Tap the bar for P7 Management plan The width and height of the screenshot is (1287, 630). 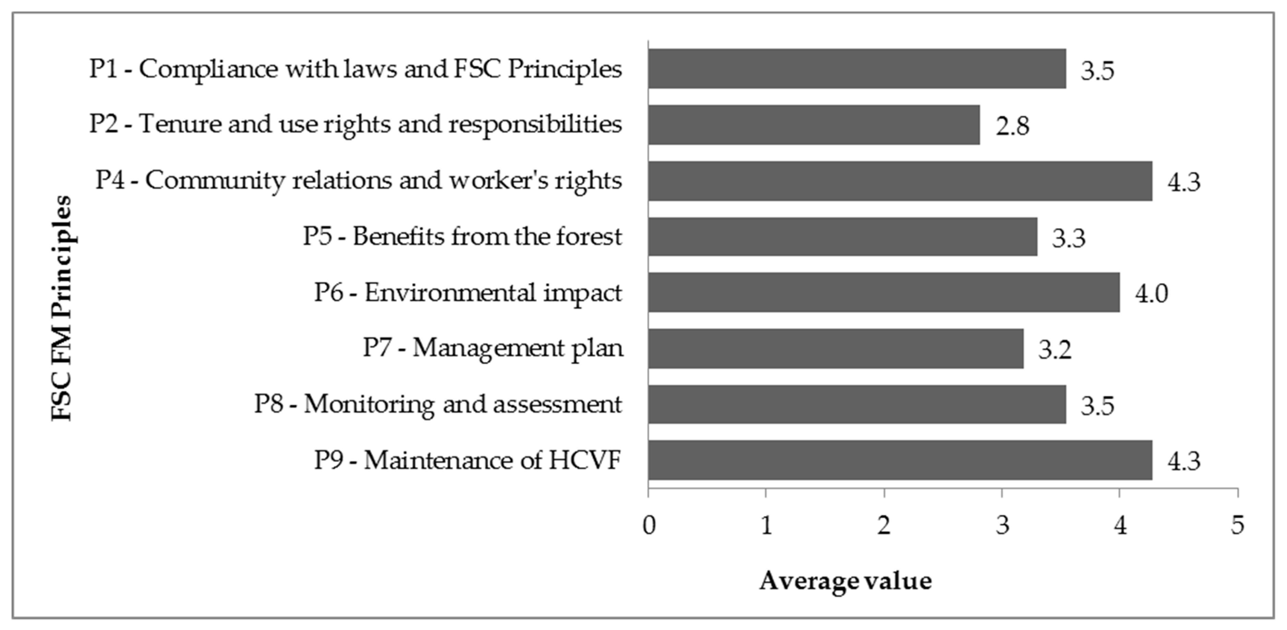click(835, 349)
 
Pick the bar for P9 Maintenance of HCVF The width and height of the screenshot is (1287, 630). click(899, 460)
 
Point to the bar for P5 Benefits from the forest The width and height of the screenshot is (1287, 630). click(842, 236)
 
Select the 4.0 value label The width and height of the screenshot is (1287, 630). click(1151, 293)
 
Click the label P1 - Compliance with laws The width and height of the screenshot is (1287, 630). click(355, 69)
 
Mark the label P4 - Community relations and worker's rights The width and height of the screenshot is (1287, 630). click(358, 180)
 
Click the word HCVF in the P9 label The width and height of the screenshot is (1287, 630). click(585, 460)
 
